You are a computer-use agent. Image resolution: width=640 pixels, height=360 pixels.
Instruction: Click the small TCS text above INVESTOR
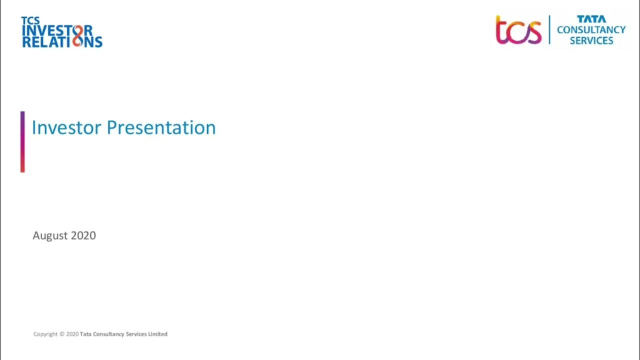point(30,20)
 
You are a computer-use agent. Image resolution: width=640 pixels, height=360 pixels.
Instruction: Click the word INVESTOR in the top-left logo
point(56,30)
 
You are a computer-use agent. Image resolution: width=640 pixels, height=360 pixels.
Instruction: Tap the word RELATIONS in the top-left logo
point(62,41)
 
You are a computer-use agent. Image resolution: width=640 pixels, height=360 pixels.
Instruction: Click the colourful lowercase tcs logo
point(518,30)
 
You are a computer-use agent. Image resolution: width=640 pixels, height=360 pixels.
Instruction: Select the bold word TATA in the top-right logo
point(591,19)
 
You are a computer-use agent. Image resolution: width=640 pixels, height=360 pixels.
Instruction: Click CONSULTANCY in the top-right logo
point(591,29)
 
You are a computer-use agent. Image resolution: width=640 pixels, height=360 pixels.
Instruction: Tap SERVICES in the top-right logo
point(591,40)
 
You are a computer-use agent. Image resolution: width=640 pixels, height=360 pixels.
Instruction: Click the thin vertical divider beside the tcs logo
point(549,29)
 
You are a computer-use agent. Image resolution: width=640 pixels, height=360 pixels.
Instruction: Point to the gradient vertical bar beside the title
point(22,142)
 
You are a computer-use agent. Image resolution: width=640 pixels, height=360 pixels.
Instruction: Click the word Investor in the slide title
point(66,127)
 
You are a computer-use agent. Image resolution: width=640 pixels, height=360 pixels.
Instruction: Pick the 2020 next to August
point(83,235)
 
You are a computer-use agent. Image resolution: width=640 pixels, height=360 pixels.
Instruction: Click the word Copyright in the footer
point(45,334)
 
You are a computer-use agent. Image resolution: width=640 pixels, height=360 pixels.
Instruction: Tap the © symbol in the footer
point(62,334)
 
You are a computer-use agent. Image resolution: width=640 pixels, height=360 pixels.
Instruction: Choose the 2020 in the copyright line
point(72,334)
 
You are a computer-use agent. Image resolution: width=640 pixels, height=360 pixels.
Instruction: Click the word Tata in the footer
point(85,334)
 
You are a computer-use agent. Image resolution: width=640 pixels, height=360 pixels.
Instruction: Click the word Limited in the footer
point(157,334)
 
